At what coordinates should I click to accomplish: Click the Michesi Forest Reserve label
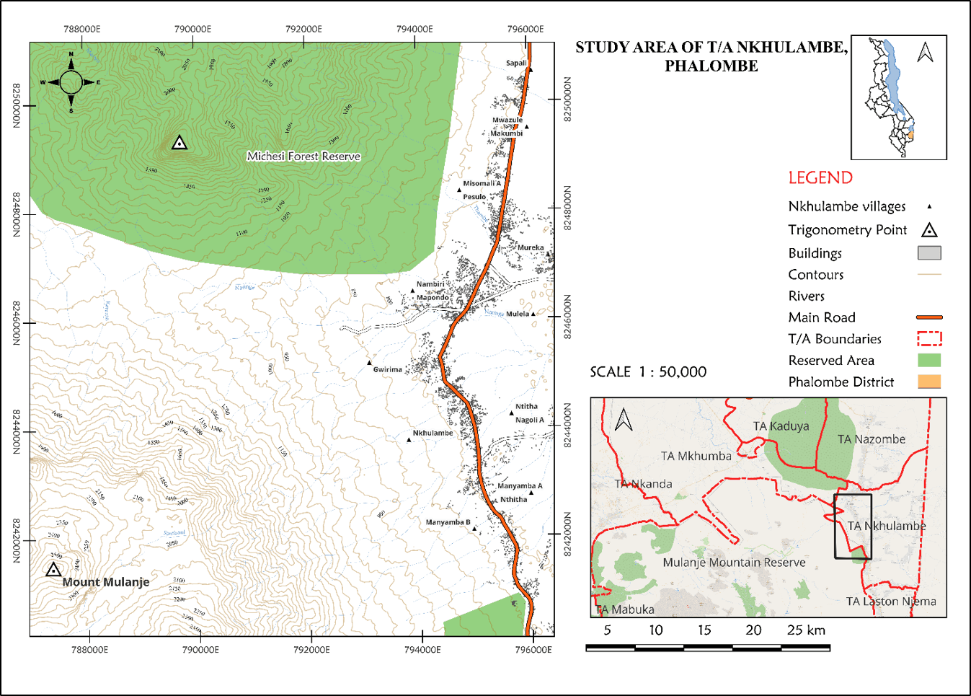[303, 157]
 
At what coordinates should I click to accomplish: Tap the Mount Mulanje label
[106, 582]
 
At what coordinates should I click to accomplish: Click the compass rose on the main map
[71, 82]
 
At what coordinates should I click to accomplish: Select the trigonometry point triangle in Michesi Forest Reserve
[179, 143]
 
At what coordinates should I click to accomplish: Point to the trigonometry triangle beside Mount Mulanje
[53, 570]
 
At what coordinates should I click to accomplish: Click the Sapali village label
[516, 63]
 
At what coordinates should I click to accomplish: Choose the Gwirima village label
[387, 369]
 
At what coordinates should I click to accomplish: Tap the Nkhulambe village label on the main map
[433, 433]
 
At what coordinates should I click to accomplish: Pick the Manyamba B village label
[448, 522]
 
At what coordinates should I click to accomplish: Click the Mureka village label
[531, 247]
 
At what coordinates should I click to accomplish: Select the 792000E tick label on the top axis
[303, 29]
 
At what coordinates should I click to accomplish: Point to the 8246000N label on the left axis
[16, 322]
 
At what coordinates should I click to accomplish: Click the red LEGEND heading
[820, 178]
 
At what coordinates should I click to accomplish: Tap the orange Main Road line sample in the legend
[929, 317]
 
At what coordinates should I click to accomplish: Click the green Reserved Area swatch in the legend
[929, 360]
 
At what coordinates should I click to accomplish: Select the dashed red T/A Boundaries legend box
[929, 338]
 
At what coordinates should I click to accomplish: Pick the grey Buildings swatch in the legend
[929, 253]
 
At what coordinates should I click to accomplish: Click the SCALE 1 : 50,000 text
[648, 372]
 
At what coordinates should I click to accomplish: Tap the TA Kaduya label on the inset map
[781, 426]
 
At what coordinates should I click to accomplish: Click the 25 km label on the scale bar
[806, 630]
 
